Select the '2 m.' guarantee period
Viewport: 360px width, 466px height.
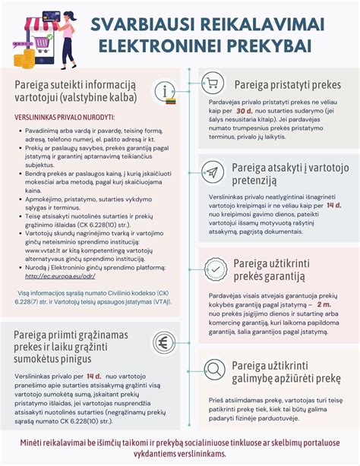pyautogui.click(x=324, y=303)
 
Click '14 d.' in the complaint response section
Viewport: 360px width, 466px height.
pyautogui.click(x=333, y=205)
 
